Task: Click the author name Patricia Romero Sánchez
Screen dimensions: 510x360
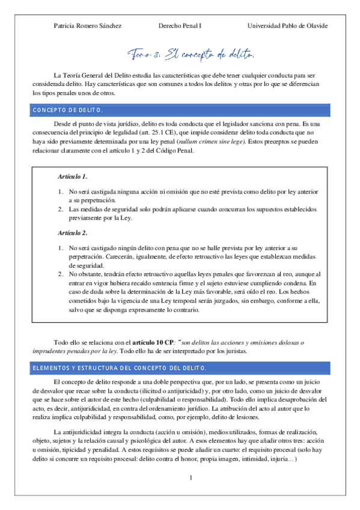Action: coord(87,26)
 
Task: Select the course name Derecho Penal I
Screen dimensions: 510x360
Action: coord(180,26)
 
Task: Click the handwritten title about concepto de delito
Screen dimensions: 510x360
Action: coord(191,55)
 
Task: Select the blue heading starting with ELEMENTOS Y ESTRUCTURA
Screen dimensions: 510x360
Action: coord(120,367)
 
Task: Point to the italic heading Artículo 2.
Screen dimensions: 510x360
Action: coord(73,232)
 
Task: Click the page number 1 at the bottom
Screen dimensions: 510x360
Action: coord(190,478)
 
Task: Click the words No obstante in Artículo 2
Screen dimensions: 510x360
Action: coord(85,274)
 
